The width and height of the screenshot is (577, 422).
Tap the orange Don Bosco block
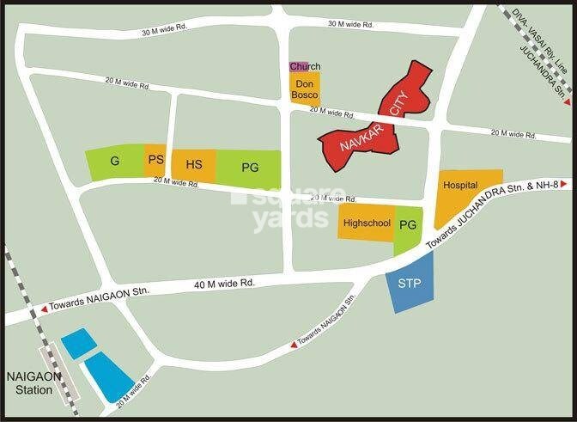pyautogui.click(x=304, y=89)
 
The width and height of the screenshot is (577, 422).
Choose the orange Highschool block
pyautogui.click(x=367, y=223)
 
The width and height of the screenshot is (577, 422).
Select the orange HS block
pyautogui.click(x=194, y=165)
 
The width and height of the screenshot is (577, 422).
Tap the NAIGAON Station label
pyautogui.click(x=31, y=382)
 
